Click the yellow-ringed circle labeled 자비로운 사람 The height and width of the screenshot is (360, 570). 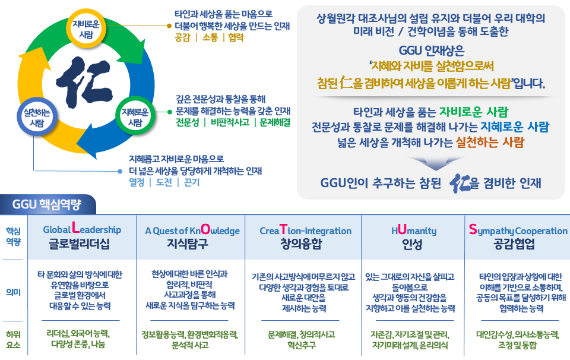[85, 29]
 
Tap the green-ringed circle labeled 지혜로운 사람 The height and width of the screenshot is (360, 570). [135, 116]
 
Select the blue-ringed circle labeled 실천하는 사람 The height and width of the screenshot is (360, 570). [37, 117]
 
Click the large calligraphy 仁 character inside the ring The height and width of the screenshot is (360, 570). [84, 82]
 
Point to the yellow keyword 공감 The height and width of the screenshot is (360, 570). [182, 37]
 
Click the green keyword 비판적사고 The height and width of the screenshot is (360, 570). [230, 122]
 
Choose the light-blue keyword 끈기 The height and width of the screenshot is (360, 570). [192, 182]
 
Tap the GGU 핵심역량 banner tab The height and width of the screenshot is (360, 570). [47, 204]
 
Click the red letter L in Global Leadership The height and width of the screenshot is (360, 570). [75, 228]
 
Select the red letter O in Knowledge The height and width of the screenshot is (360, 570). [205, 229]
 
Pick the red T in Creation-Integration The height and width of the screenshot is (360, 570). [283, 229]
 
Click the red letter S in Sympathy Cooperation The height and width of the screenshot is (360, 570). [473, 229]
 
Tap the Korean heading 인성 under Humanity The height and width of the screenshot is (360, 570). [412, 244]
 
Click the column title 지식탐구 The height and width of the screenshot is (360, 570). [188, 244]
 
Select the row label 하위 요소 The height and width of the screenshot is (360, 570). [14, 339]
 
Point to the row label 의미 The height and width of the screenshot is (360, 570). [14, 292]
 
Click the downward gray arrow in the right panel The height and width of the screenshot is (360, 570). [436, 163]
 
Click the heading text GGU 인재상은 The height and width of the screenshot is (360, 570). [432, 50]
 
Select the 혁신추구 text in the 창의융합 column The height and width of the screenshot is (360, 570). [302, 345]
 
